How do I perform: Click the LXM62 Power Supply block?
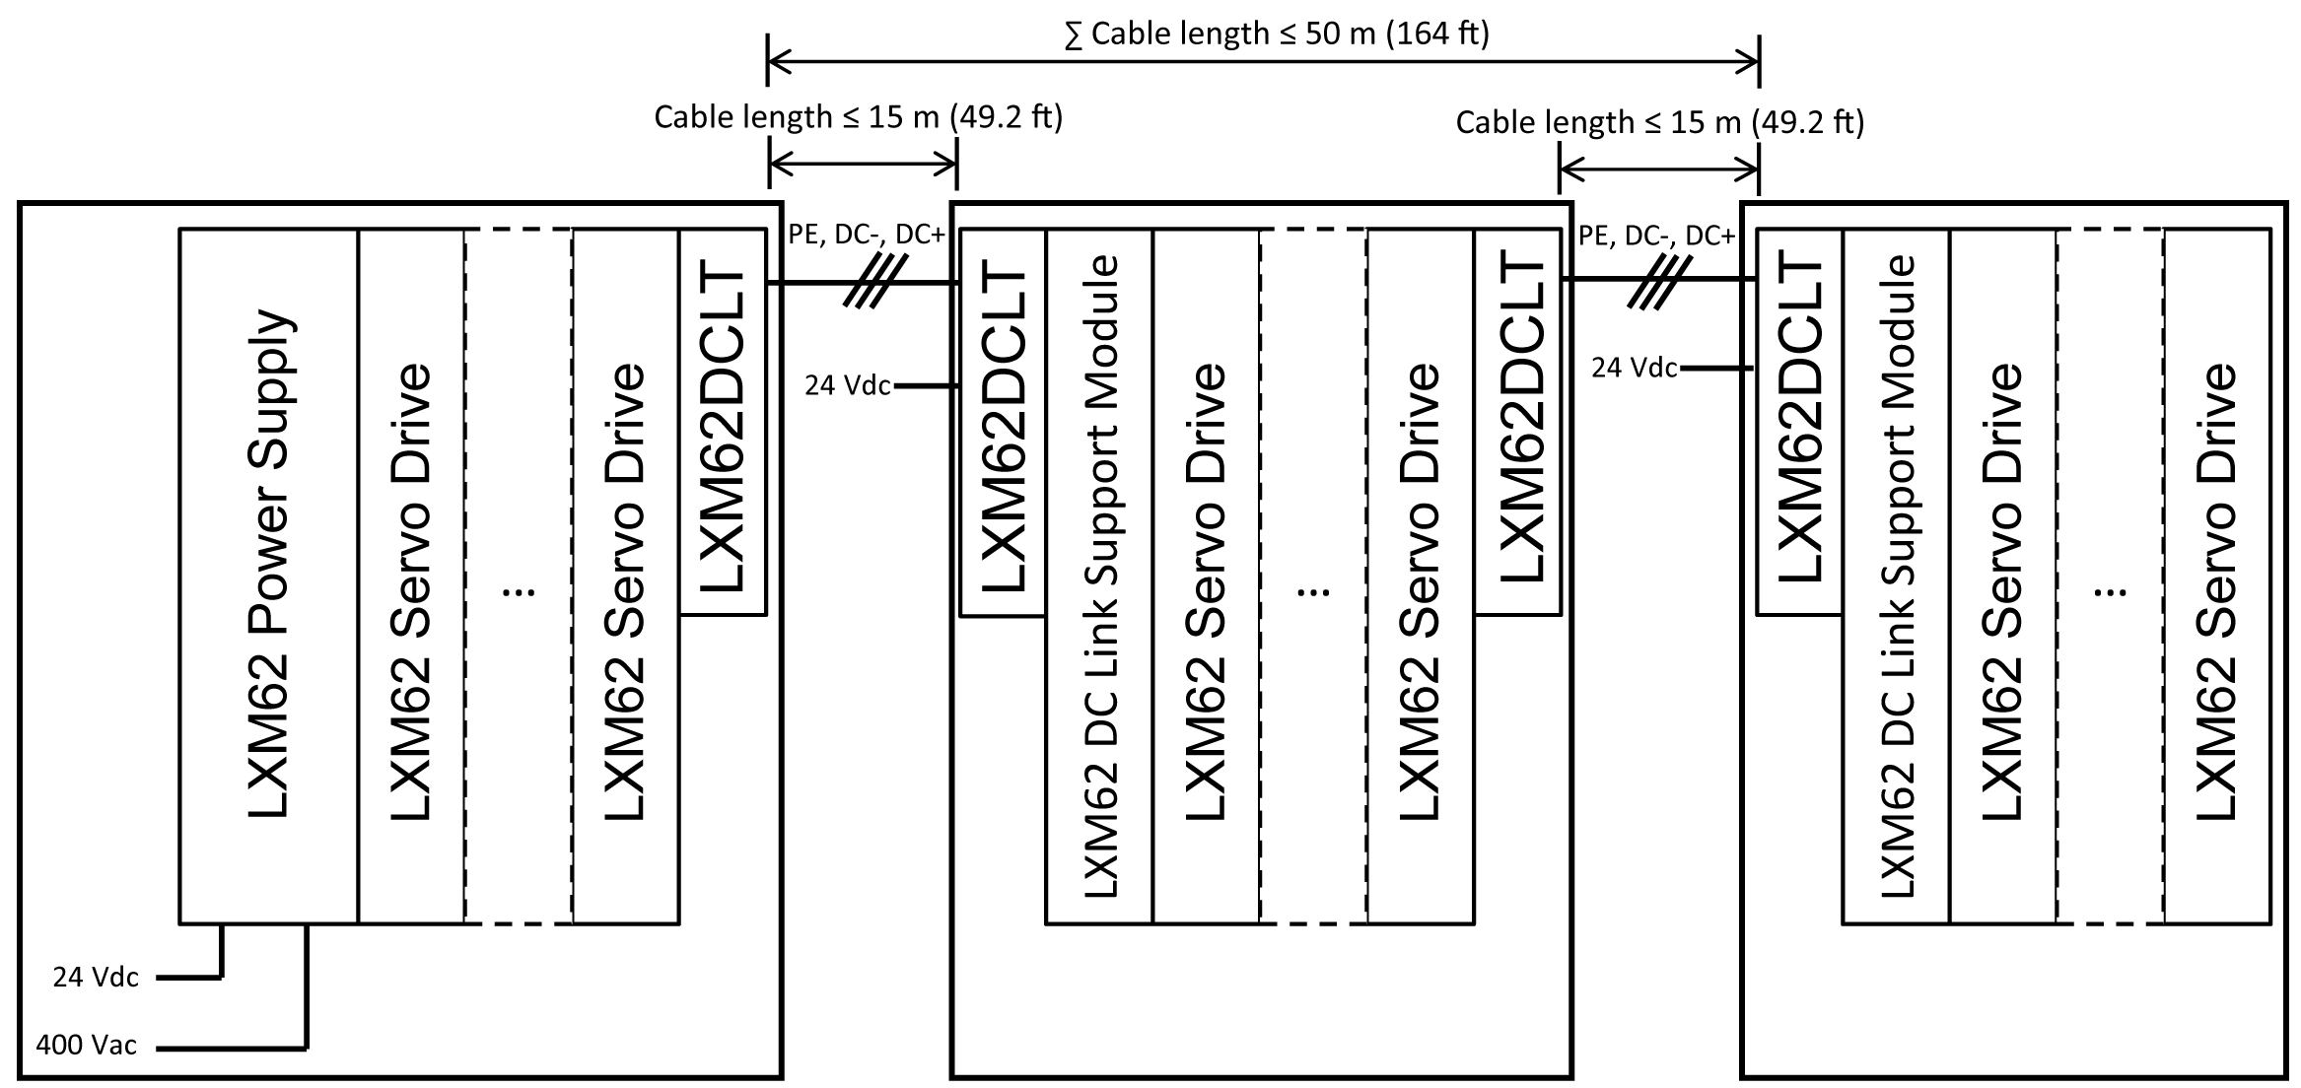point(268,576)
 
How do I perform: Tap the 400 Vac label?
point(87,1045)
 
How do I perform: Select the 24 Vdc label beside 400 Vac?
point(96,977)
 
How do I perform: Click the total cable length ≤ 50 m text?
point(1277,34)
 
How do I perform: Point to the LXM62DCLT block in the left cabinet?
point(723,422)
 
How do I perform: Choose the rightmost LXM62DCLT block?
point(1799,422)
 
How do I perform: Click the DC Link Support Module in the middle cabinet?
point(1099,576)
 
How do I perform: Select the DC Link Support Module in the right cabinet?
point(1896,576)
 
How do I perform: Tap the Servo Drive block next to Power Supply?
point(411,576)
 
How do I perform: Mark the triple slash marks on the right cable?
point(1660,282)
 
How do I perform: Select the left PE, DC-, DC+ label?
point(867,235)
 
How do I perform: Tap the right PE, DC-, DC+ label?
point(1656,235)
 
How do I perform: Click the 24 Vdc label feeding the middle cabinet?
point(847,385)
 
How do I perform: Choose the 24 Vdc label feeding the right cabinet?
point(1634,368)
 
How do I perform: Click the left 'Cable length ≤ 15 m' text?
point(858,117)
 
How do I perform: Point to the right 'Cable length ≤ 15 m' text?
point(1659,122)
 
